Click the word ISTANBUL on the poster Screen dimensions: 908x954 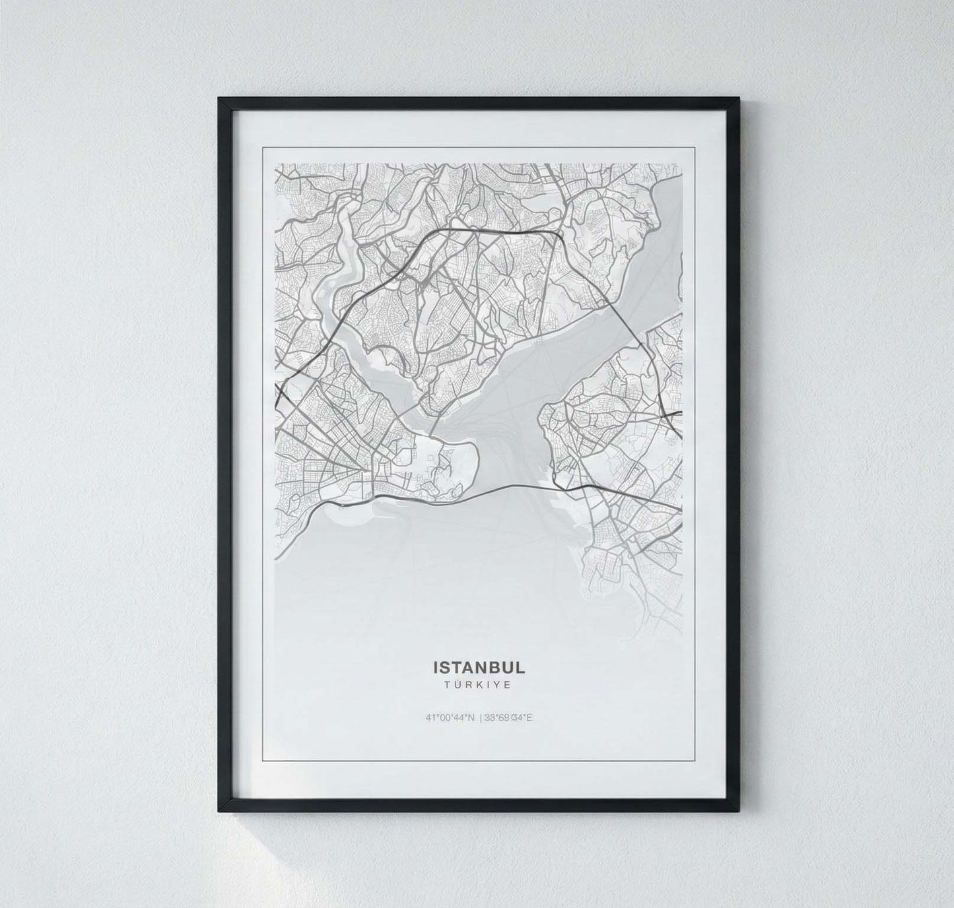pyautogui.click(x=479, y=667)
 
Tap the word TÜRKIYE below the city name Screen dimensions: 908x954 pyautogui.click(x=479, y=685)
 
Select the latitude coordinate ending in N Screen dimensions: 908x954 pyautogui.click(x=451, y=718)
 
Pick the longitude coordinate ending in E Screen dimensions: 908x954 pyautogui.click(x=509, y=718)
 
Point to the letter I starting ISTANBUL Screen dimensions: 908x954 pyautogui.click(x=435, y=667)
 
